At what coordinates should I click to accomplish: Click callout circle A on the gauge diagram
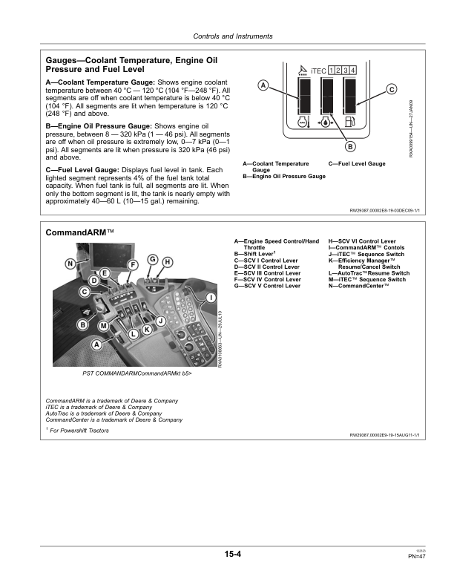click(263, 85)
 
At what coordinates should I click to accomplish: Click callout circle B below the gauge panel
click(349, 146)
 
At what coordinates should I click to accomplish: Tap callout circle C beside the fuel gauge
click(391, 90)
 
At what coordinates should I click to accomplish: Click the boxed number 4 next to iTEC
click(352, 70)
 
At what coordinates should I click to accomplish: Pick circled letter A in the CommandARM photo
click(96, 344)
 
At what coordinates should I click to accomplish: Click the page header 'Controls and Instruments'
click(232, 36)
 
